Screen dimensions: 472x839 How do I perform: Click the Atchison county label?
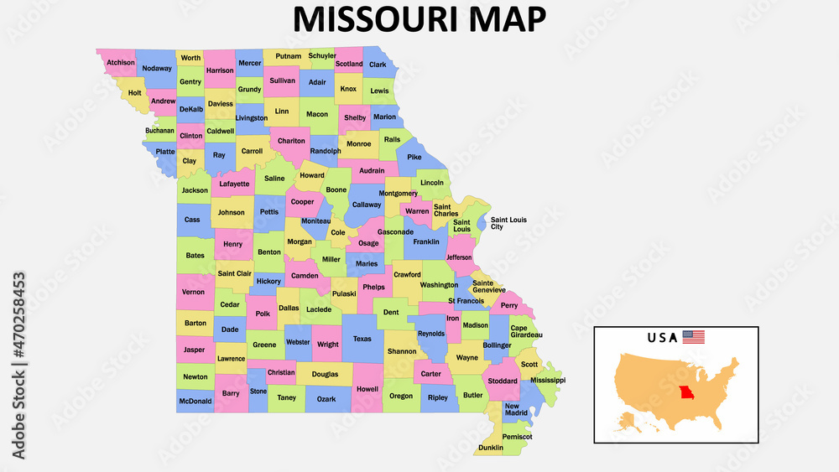click(x=121, y=62)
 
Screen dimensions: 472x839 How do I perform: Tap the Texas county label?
click(x=362, y=339)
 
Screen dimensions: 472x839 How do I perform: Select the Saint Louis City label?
click(x=508, y=223)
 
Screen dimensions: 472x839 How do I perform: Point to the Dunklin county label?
click(x=491, y=448)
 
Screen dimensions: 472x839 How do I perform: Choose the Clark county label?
click(x=378, y=64)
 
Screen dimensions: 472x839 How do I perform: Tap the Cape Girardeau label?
click(x=526, y=331)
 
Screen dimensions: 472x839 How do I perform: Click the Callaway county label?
click(x=366, y=204)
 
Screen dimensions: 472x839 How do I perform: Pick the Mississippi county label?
click(x=548, y=380)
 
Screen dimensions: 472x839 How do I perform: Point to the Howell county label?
click(x=367, y=389)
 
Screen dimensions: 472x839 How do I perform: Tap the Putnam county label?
click(x=288, y=57)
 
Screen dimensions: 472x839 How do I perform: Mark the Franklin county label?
click(x=426, y=241)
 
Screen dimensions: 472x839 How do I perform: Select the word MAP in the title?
click(x=513, y=18)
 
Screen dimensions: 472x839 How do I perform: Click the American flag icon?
click(x=693, y=337)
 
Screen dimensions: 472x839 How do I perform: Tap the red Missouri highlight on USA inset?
click(x=687, y=394)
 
